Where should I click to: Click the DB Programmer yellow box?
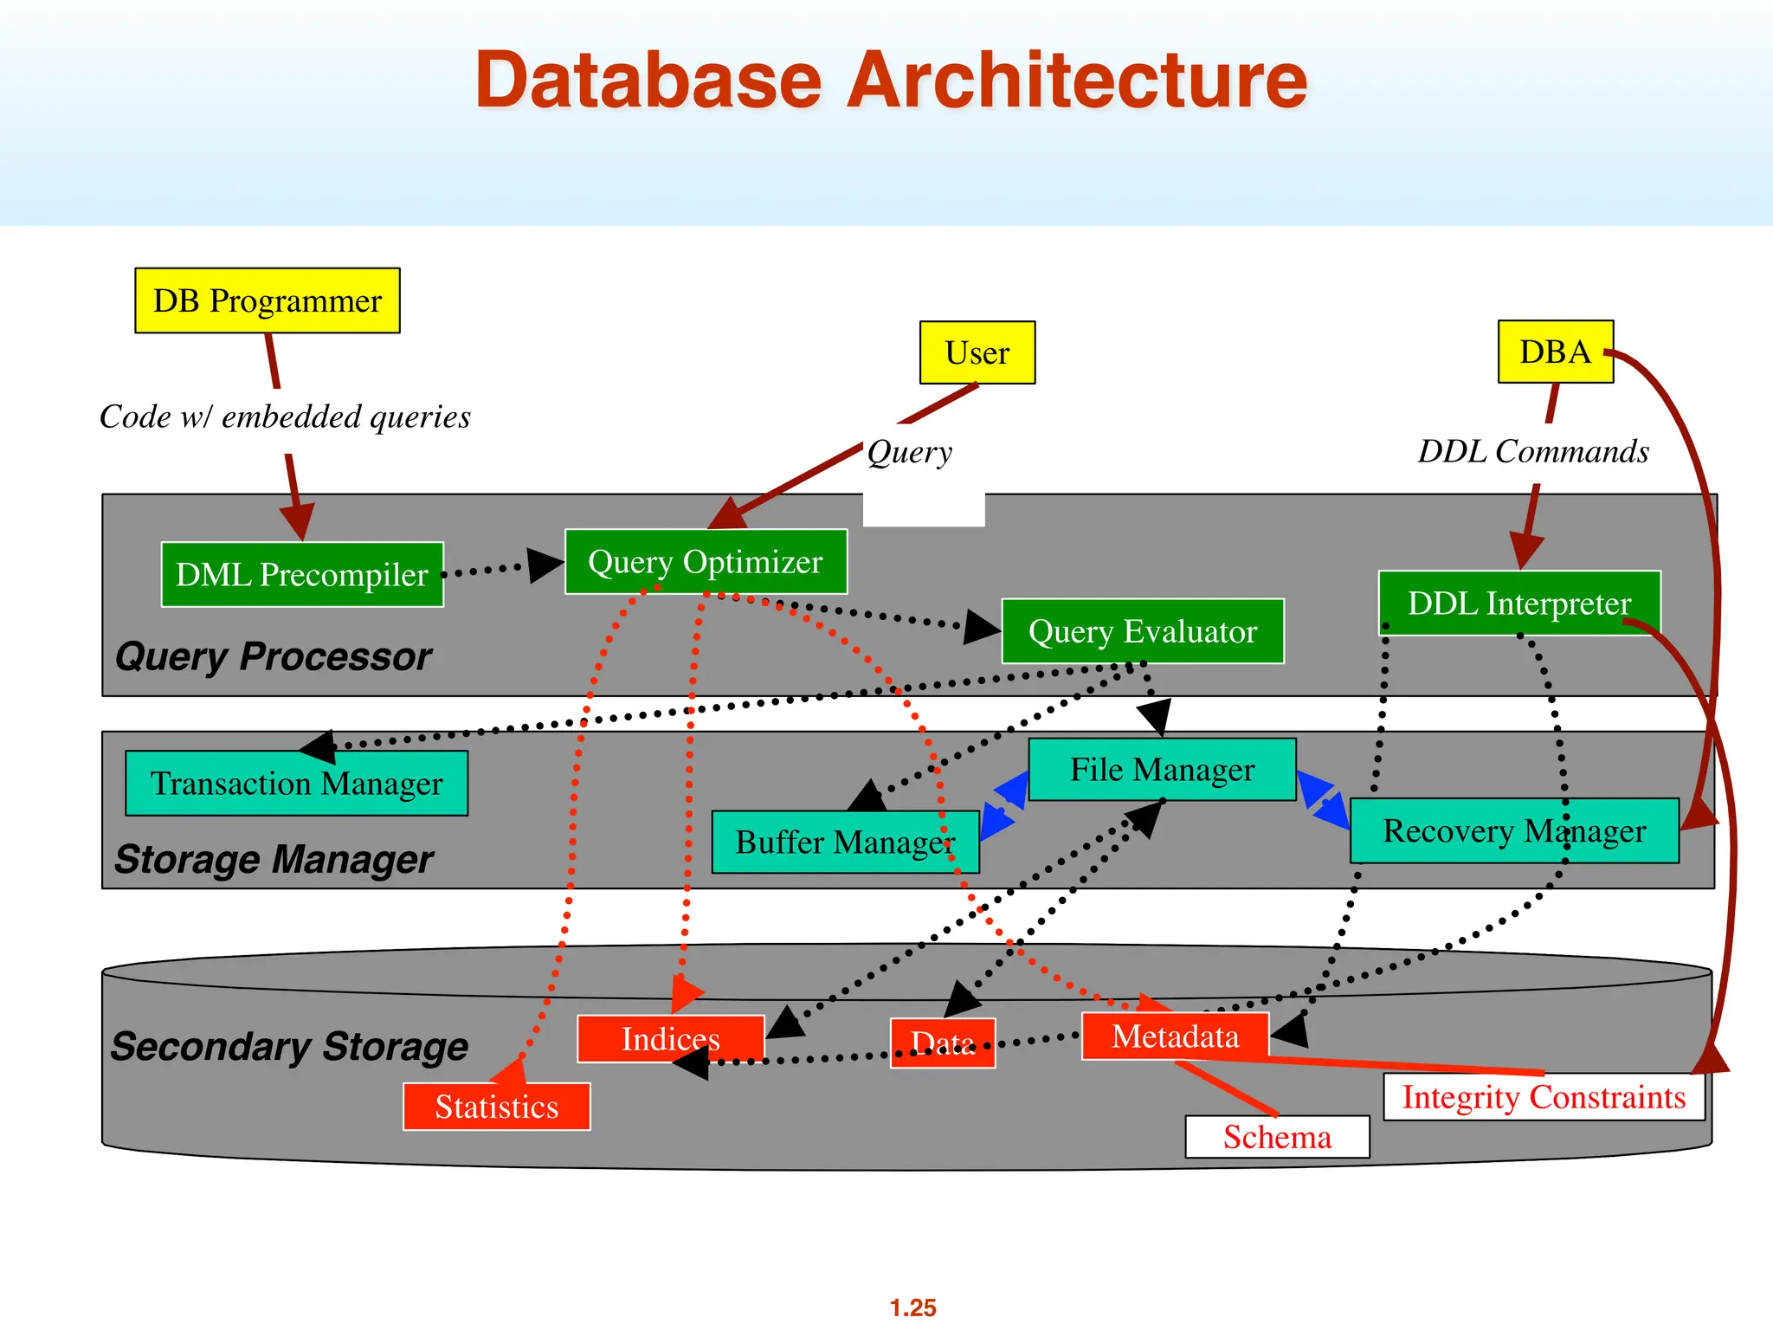tap(268, 300)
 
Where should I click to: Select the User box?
tap(977, 352)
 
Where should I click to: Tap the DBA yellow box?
tap(1555, 352)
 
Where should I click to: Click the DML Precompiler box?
tap(302, 575)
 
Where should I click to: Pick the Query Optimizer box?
tap(706, 562)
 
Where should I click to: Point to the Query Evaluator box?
tap(1143, 631)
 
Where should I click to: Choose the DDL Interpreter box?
tap(1519, 604)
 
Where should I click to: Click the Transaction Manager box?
tap(296, 784)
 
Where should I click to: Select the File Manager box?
tap(1162, 770)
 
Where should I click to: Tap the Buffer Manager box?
tap(845, 842)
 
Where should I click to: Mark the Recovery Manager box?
tap(1514, 831)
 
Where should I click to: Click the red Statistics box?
tap(496, 1107)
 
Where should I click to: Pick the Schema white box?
tap(1277, 1137)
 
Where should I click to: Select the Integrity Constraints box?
tap(1544, 1097)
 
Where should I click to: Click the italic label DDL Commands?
tap(1533, 451)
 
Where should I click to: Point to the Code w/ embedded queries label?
tap(285, 416)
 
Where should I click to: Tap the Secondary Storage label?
tap(289, 1046)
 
